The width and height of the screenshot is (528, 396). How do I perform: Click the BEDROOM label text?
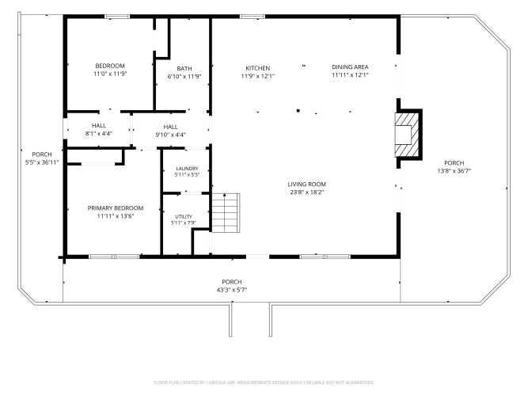click(110, 66)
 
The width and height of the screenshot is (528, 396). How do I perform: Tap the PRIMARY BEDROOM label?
click(116, 208)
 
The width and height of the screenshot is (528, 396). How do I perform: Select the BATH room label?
click(184, 68)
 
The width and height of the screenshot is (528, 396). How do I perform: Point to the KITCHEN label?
click(257, 68)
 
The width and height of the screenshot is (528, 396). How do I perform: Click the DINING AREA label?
click(350, 67)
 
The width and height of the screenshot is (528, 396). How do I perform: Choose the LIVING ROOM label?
click(307, 184)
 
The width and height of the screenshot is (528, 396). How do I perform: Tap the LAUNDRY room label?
click(188, 169)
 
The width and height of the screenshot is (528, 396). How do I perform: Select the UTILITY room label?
click(184, 216)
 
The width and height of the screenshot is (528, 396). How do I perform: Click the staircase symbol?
click(226, 213)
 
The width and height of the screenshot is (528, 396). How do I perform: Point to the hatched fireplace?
click(407, 134)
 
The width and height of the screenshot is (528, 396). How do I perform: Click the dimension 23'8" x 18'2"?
click(307, 192)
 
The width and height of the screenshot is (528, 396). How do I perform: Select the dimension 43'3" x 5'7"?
click(232, 290)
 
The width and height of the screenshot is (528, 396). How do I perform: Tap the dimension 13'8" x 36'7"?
click(454, 171)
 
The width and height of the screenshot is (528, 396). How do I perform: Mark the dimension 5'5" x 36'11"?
click(42, 162)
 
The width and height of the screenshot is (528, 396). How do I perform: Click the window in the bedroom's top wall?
click(117, 17)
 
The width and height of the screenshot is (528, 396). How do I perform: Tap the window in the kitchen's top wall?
click(253, 17)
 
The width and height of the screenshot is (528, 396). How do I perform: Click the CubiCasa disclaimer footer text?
click(264, 383)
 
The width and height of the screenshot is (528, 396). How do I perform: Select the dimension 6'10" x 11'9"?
click(184, 77)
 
